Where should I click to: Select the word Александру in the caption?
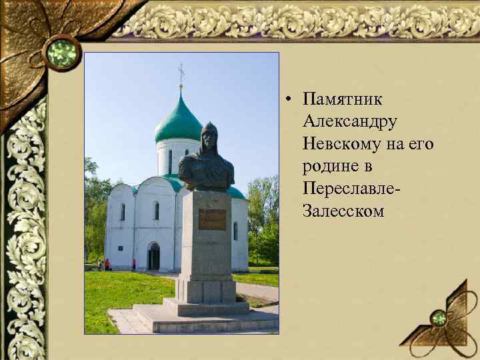pos(349,122)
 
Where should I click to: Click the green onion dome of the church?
pos(178,120)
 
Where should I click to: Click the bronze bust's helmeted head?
pos(209,136)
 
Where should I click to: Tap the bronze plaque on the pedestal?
pos(212,219)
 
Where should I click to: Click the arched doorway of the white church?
pos(154,257)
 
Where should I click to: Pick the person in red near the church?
pos(107,265)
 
